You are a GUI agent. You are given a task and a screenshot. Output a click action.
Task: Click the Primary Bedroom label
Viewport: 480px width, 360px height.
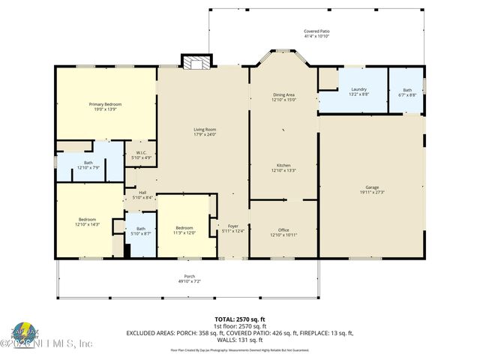105,104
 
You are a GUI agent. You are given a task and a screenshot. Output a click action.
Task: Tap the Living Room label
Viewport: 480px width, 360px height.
205,130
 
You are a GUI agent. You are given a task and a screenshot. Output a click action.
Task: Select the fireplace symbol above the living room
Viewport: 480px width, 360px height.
196,63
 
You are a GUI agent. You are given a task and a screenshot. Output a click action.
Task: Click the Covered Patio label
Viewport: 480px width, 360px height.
316,31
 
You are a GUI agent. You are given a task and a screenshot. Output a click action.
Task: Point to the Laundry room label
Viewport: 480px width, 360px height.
358,90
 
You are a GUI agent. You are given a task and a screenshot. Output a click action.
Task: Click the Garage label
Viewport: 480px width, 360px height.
372,187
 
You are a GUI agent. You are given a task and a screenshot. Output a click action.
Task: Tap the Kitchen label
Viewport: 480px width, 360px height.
283,165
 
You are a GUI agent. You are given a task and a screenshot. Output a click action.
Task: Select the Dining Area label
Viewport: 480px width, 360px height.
283,94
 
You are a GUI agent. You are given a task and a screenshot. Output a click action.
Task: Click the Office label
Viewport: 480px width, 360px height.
283,230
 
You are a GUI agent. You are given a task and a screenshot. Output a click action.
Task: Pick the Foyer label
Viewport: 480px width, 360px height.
233,226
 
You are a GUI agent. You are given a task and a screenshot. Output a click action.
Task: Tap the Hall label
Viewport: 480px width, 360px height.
142,193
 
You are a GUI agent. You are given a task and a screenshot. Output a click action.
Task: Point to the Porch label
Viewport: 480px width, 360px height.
190,276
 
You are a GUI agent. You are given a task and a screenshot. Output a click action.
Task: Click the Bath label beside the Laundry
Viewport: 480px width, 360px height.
406,90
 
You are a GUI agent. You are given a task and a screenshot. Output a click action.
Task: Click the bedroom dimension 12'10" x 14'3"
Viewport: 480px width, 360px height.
87,224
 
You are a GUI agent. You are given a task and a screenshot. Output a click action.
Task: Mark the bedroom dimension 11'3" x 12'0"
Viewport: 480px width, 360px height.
184,232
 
